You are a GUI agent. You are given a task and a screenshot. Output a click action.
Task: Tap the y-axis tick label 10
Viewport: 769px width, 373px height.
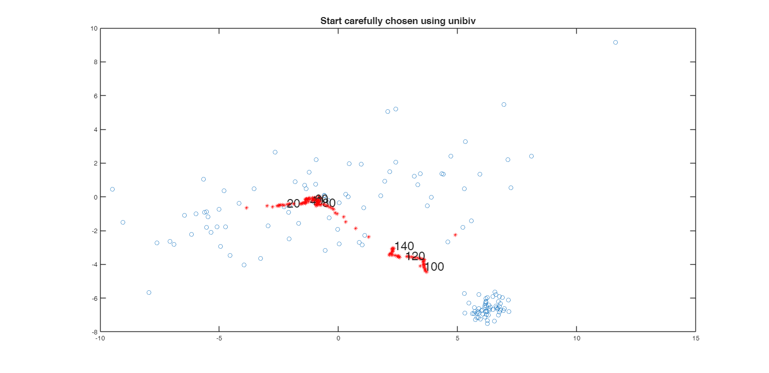pos(94,29)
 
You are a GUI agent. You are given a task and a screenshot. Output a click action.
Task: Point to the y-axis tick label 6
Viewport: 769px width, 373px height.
pos(95,96)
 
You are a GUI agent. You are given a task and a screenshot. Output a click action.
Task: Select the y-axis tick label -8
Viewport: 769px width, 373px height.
pos(94,331)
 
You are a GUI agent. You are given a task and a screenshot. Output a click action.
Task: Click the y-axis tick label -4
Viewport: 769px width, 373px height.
pos(94,264)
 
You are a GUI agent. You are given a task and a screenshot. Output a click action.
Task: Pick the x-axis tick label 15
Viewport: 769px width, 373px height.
pos(695,338)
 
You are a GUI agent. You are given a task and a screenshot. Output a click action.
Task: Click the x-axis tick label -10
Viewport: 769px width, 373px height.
pos(100,338)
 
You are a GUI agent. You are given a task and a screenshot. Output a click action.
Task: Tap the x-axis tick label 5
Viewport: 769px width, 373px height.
pos(457,338)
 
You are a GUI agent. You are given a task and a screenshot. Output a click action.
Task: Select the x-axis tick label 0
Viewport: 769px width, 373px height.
pos(338,338)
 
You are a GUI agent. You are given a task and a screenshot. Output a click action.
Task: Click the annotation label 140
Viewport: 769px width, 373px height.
pos(404,246)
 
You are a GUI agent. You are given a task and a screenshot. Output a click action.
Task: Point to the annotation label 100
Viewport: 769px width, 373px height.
pos(434,267)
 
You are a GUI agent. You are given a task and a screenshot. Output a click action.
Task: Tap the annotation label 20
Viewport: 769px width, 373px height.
pos(293,204)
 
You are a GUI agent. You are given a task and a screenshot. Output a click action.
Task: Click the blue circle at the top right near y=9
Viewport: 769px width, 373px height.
pos(615,42)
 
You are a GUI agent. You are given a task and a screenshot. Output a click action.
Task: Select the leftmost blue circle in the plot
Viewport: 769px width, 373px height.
pos(112,189)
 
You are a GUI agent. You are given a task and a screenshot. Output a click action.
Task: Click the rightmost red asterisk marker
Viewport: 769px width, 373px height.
pos(455,235)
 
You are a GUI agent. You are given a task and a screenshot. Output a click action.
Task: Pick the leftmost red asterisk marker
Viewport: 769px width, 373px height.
pos(246,208)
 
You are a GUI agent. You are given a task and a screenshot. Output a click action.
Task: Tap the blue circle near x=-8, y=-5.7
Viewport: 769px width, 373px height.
pos(149,292)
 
